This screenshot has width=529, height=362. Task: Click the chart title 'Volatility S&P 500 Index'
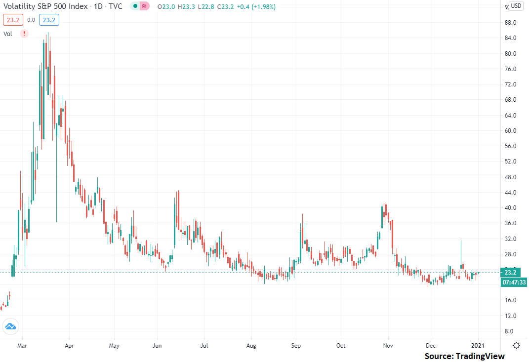click(45, 6)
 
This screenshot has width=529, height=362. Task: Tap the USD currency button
click(516, 6)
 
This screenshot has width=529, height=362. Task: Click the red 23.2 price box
click(13, 20)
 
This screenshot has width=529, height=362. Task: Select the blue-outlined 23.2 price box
click(49, 20)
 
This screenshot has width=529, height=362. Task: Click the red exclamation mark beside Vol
click(24, 34)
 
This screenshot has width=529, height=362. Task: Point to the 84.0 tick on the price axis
click(510, 38)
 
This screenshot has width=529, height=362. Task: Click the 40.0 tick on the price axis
click(510, 208)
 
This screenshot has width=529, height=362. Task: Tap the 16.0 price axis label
click(510, 300)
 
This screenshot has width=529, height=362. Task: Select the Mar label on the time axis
click(22, 346)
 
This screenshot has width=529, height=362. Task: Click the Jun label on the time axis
click(157, 346)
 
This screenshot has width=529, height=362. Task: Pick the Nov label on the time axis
click(388, 346)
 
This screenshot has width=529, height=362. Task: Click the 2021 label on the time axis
click(478, 346)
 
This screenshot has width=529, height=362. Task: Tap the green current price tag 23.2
click(510, 272)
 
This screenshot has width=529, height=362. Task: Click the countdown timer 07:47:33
click(514, 282)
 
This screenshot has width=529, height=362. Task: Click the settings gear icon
click(516, 346)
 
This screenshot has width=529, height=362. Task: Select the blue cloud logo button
click(10, 326)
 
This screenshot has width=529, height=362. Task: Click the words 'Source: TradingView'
click(465, 356)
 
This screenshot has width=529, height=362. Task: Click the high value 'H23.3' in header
click(186, 7)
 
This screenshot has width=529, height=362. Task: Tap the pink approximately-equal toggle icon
click(144, 6)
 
